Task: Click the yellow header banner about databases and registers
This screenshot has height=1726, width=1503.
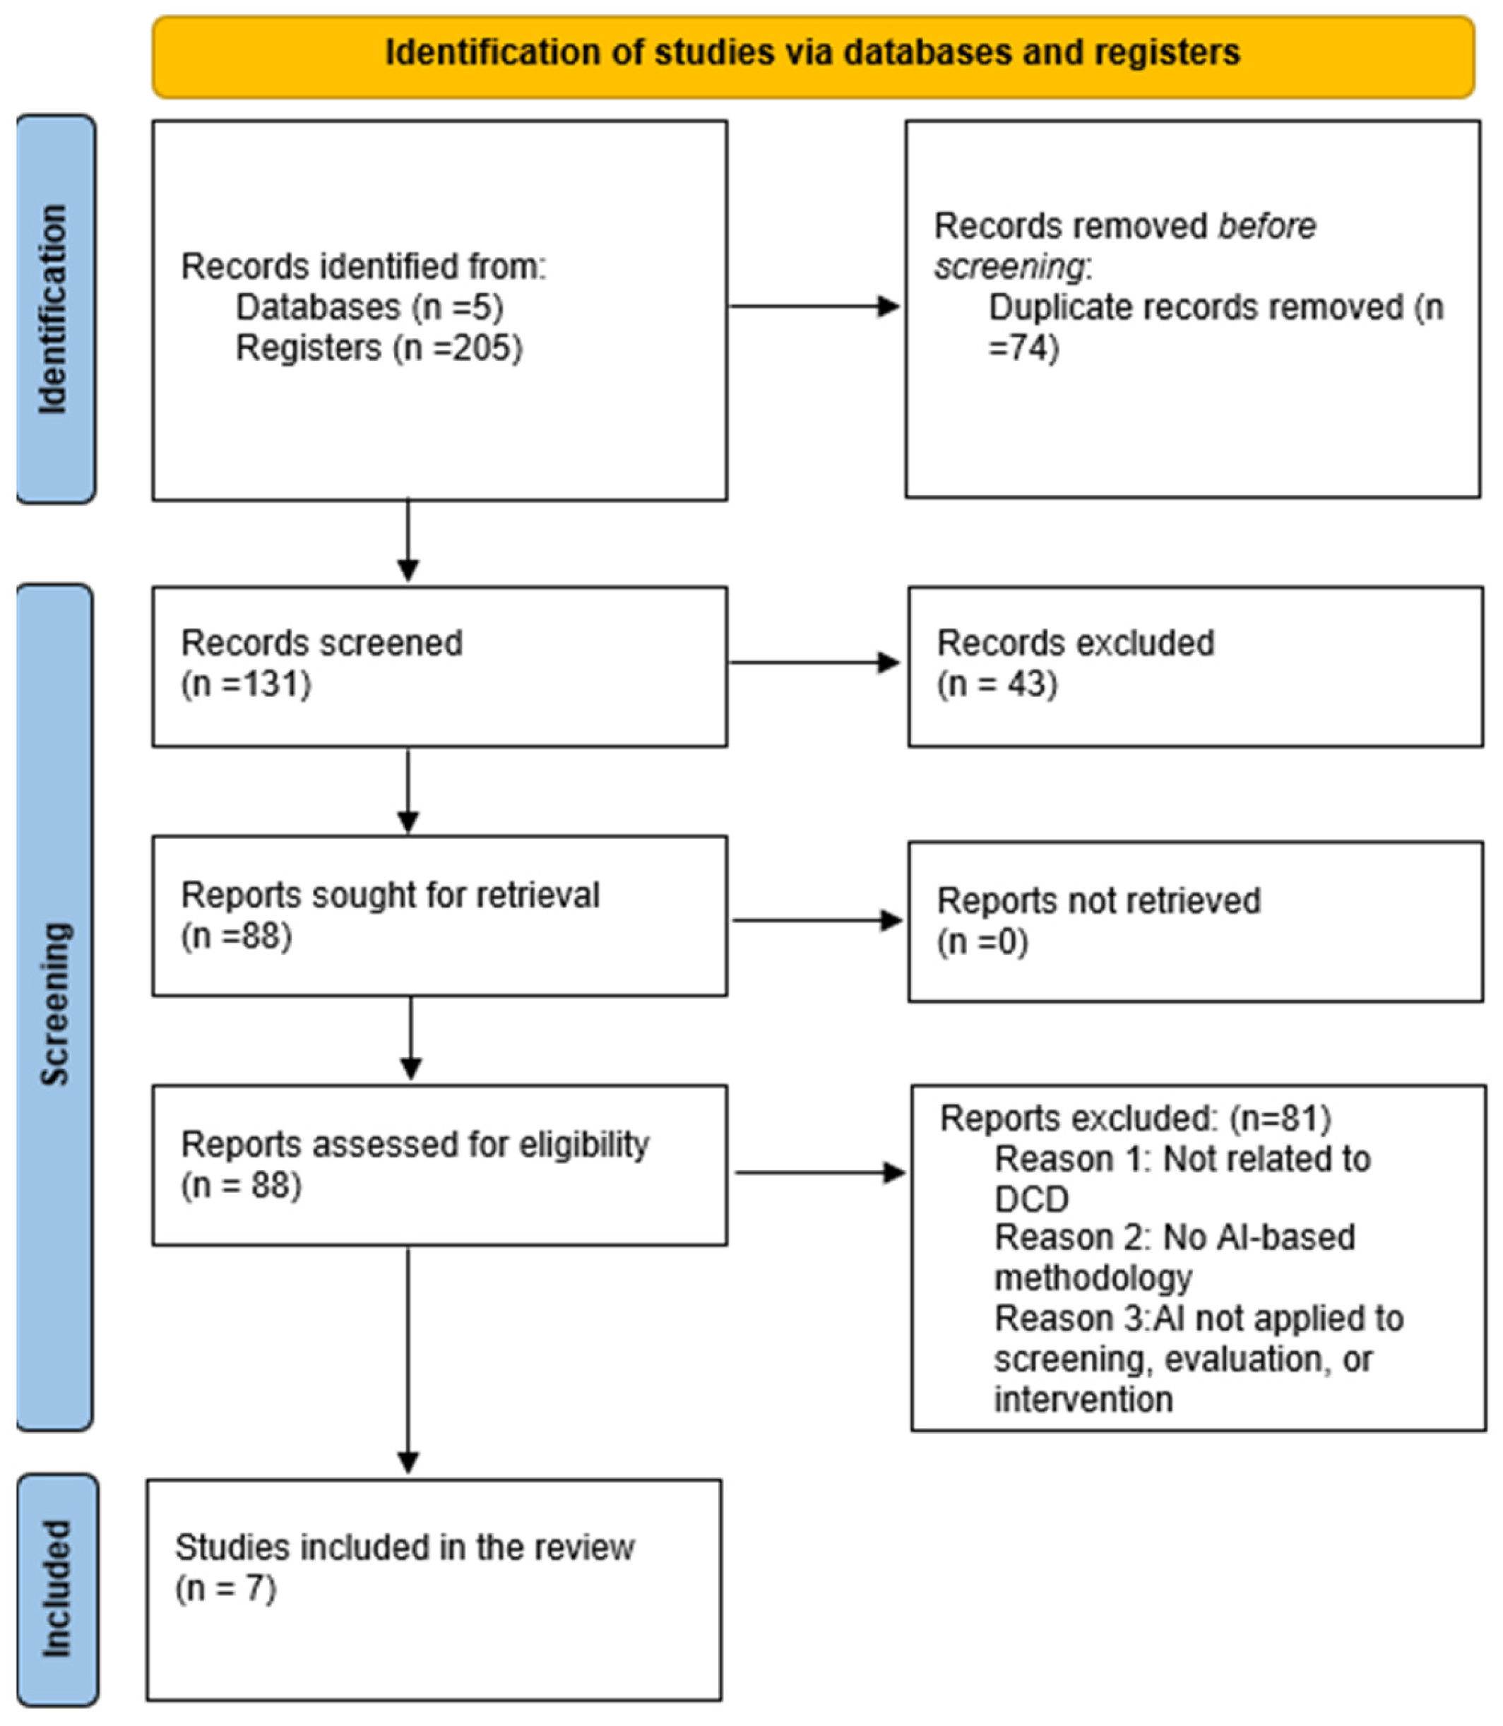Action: pyautogui.click(x=813, y=57)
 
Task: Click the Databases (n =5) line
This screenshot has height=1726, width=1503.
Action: pyautogui.click(x=370, y=307)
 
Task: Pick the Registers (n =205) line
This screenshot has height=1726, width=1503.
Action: pyautogui.click(x=379, y=347)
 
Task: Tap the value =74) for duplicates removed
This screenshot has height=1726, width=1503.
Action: pyautogui.click(x=1023, y=347)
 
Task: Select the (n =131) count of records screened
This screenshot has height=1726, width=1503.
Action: pyautogui.click(x=246, y=684)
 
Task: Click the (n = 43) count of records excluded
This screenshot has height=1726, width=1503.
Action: pyautogui.click(x=997, y=684)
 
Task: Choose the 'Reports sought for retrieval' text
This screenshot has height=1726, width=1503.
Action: pyautogui.click(x=390, y=895)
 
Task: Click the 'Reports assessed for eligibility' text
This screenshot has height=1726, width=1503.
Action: pyautogui.click(x=415, y=1144)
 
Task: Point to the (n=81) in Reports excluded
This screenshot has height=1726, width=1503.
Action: pyautogui.click(x=1280, y=1118)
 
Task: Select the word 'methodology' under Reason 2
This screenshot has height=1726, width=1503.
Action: pyautogui.click(x=1093, y=1278)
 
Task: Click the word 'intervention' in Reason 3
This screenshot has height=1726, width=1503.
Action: pyautogui.click(x=1083, y=1399)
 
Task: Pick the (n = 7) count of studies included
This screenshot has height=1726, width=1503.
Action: pyautogui.click(x=225, y=1588)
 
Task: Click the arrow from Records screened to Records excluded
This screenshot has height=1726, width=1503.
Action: pyautogui.click(x=814, y=662)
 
